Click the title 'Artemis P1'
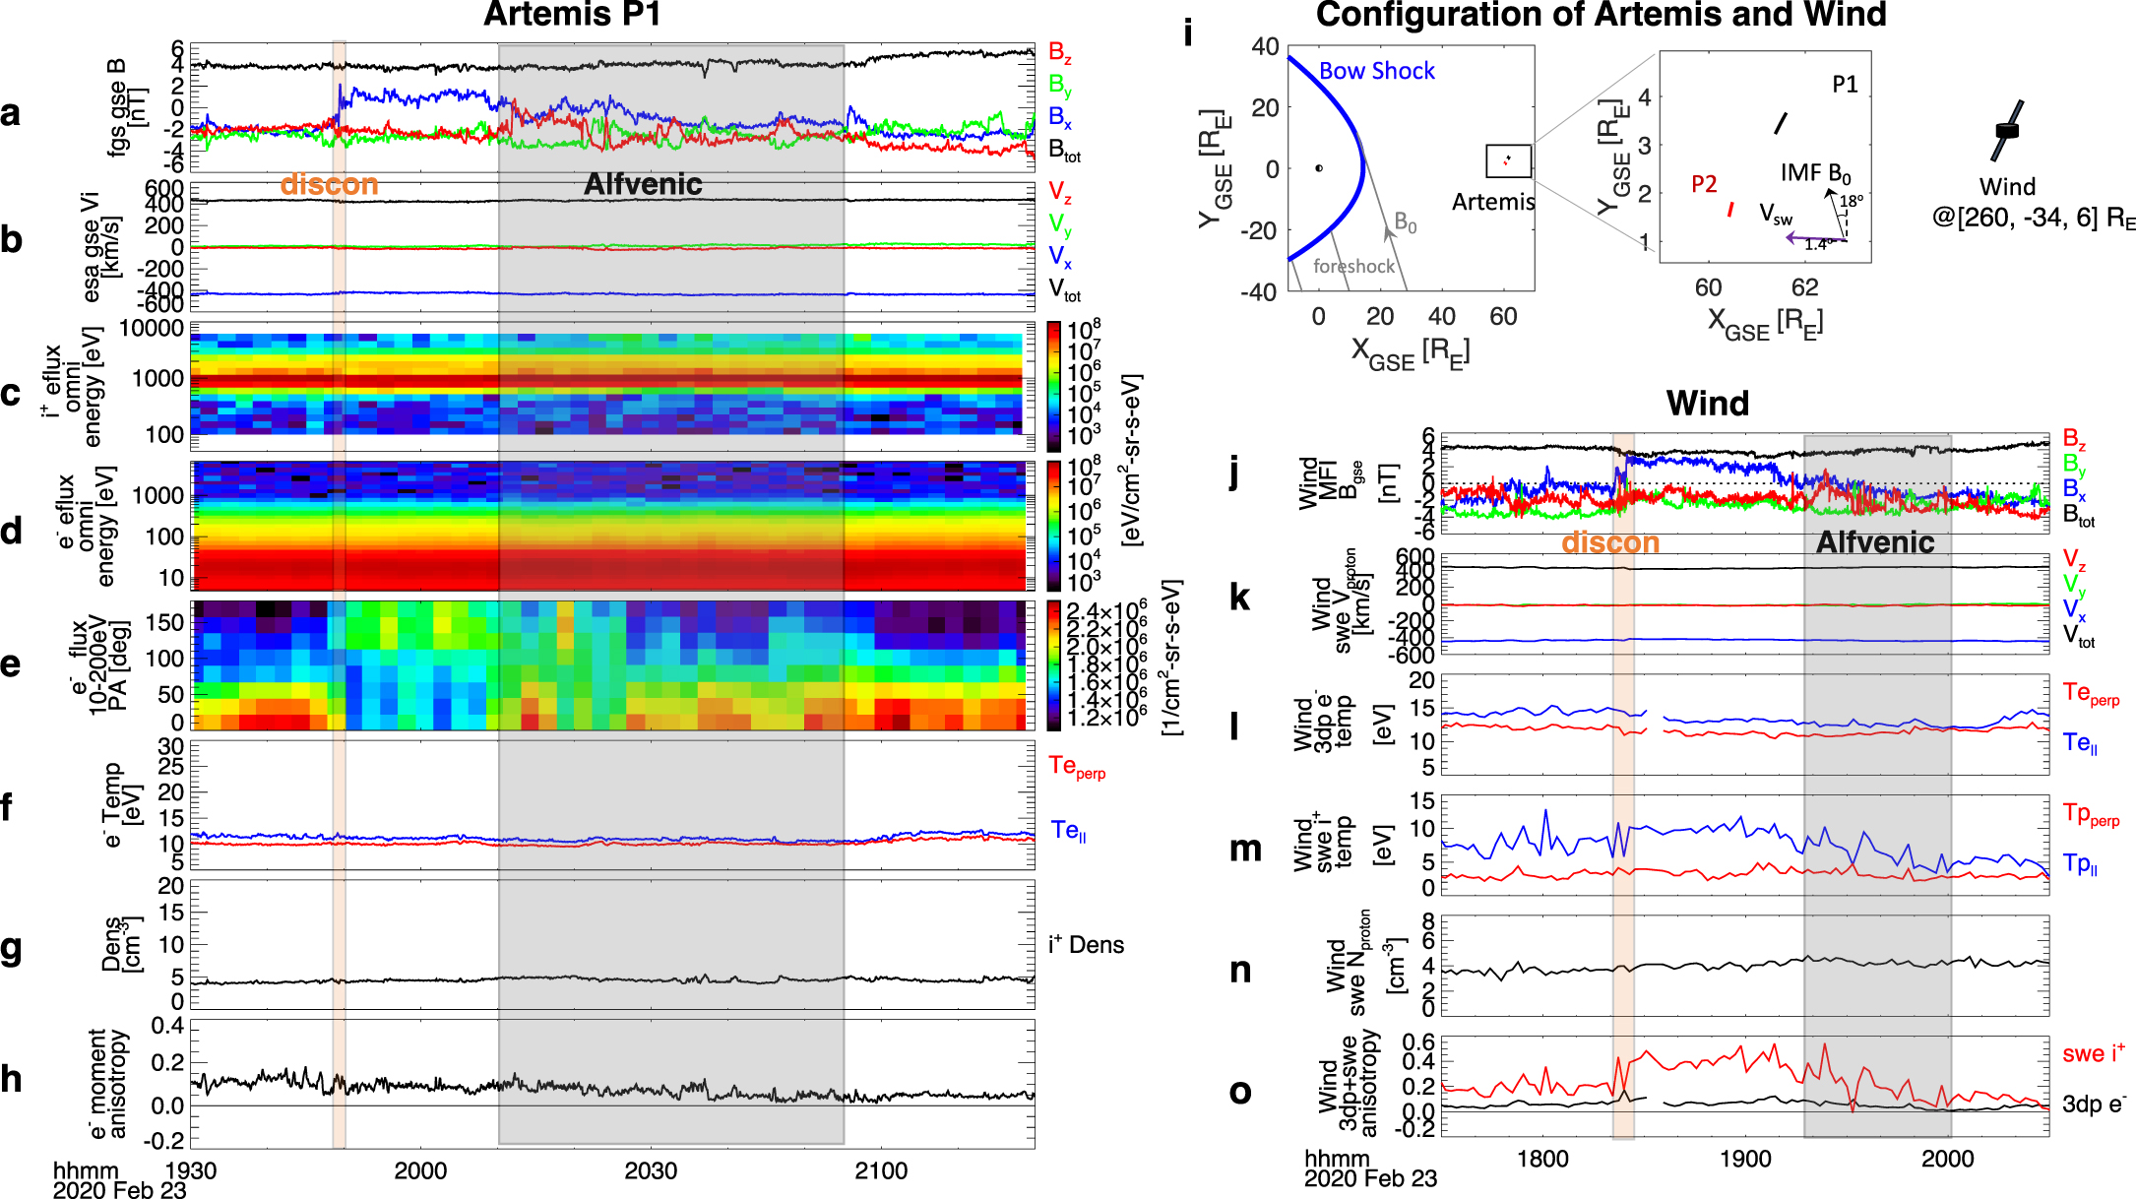click(x=572, y=15)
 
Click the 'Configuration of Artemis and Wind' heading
click(x=1601, y=15)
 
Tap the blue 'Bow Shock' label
click(x=1376, y=71)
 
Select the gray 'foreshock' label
click(x=1353, y=266)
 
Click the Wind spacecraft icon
click(x=2007, y=130)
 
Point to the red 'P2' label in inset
click(x=1704, y=184)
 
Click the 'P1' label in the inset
click(x=1845, y=85)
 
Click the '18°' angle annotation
click(x=1852, y=201)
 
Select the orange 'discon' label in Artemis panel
click(x=329, y=184)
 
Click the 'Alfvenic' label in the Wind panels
click(x=1874, y=542)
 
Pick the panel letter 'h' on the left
click(x=11, y=1079)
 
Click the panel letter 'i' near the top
click(x=1188, y=33)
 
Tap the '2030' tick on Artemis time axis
click(x=651, y=1170)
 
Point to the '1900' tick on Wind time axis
click(x=1745, y=1159)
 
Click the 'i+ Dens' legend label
click(x=1086, y=945)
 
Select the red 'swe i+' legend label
click(x=2093, y=1054)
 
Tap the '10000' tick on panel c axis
click(x=152, y=329)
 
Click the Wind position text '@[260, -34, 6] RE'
click(x=2033, y=218)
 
